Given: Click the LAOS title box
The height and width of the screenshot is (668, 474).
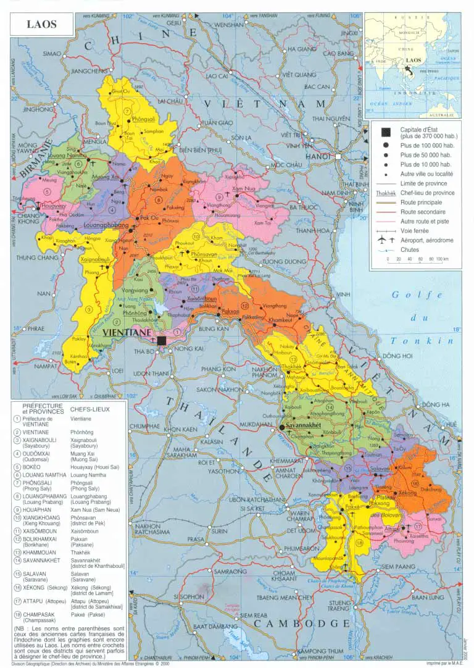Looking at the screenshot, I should click(x=41, y=25).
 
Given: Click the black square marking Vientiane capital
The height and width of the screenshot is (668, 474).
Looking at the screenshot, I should click(x=161, y=340).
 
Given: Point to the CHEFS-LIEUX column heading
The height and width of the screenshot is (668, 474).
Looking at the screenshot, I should click(x=91, y=409).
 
